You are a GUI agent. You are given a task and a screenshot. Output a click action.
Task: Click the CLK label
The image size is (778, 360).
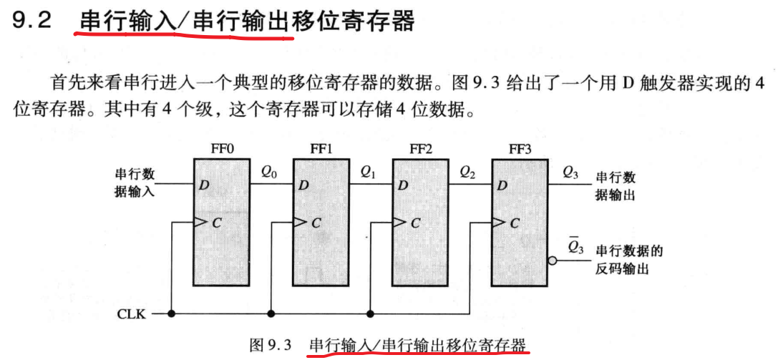click(x=130, y=314)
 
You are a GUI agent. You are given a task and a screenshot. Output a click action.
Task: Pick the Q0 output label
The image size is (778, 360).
click(x=268, y=172)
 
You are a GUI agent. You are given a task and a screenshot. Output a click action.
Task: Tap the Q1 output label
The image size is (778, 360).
click(x=368, y=172)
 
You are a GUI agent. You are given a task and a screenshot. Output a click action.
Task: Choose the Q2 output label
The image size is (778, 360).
click(x=467, y=172)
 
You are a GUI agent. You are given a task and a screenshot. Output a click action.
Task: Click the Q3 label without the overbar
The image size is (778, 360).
click(x=570, y=172)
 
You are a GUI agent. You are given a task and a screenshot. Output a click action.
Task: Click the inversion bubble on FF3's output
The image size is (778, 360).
click(x=552, y=261)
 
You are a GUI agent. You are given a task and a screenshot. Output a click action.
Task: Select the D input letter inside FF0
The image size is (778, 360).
click(x=205, y=186)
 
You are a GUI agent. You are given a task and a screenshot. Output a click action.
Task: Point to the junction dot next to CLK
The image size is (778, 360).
click(x=172, y=313)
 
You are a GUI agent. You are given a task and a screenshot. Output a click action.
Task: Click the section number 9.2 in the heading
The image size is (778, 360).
click(x=33, y=21)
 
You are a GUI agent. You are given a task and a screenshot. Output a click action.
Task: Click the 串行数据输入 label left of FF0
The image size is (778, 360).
click(x=135, y=183)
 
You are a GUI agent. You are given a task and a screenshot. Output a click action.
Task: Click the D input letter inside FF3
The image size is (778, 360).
click(x=502, y=186)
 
